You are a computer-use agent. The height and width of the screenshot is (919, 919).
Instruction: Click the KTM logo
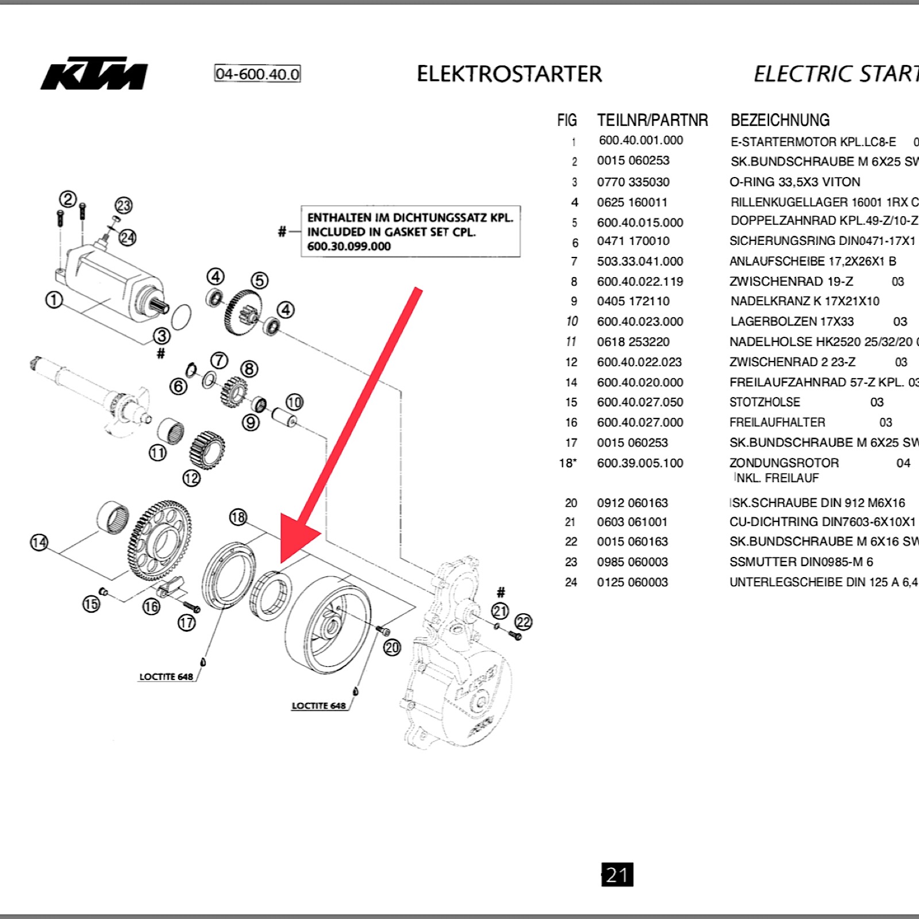pos(94,74)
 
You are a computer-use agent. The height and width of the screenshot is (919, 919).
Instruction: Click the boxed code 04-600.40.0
pos(257,74)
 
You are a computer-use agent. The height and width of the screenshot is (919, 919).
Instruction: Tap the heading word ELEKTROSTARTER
pos(509,74)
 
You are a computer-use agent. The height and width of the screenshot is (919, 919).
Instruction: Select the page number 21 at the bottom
pos(617,874)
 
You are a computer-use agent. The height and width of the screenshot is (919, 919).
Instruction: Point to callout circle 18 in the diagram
pos(238,517)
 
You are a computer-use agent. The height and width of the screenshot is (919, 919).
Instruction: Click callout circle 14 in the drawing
pos(39,543)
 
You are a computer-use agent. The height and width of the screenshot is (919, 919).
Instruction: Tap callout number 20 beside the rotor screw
pos(392,648)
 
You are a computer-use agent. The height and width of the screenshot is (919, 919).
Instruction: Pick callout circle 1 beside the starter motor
pos(54,299)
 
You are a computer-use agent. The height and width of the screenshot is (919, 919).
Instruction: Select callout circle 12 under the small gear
pos(191,478)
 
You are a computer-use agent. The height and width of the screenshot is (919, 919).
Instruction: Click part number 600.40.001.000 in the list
pos(641,140)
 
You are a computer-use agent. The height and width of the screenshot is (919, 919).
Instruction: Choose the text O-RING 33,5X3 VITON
pos(795,182)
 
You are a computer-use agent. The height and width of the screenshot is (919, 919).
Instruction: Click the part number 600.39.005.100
pos(640,463)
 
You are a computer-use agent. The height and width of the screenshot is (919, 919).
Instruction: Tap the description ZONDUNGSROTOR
pos(784,463)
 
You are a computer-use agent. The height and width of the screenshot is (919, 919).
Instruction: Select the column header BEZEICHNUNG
pos(780,120)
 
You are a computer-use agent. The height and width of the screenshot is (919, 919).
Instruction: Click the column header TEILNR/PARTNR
pos(652,120)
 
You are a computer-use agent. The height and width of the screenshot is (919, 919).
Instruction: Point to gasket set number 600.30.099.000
pos(349,246)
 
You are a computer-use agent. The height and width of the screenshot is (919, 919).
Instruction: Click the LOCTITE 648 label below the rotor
pos(319,706)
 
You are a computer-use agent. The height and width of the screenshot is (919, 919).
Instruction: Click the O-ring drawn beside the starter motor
pos(181,317)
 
